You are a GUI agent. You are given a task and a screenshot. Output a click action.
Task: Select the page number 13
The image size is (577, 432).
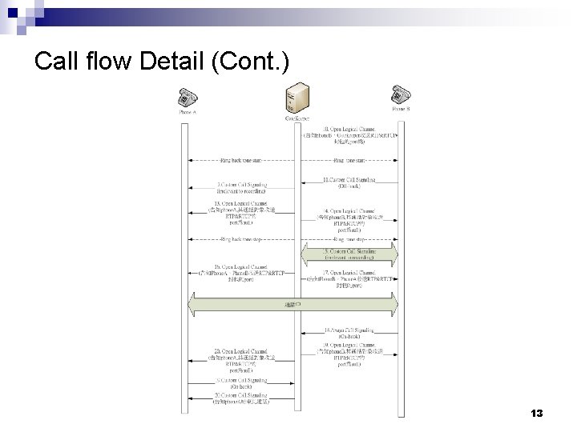537,414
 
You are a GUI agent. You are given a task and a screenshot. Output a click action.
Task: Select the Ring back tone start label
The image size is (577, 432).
241,160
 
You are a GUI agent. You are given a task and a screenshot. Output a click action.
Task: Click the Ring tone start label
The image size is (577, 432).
346,160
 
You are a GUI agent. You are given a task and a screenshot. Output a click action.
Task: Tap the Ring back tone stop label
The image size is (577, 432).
241,238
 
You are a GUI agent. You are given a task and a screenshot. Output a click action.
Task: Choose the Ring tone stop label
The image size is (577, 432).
346,238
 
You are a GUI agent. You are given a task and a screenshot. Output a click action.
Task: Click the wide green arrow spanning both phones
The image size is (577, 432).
293,305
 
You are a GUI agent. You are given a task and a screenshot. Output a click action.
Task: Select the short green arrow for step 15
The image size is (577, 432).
346,254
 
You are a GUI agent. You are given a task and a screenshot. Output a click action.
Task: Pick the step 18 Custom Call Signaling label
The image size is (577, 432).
346,332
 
